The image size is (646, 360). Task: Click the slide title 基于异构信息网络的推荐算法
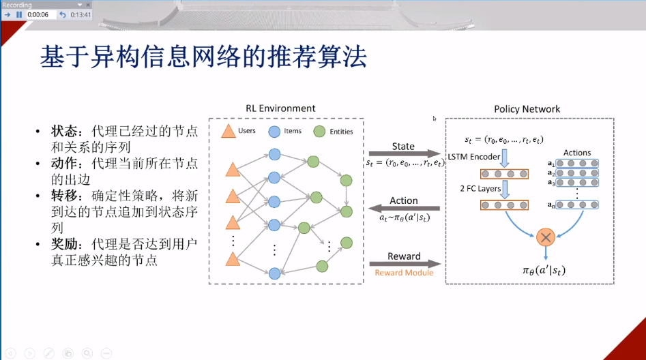203,58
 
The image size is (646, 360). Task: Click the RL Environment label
280,108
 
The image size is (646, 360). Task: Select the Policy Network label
527,108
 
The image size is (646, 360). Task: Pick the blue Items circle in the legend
274,132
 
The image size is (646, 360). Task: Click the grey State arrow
404,154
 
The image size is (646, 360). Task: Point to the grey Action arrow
404,209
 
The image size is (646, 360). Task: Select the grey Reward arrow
404,264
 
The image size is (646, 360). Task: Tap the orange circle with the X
545,237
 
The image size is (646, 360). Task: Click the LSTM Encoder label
474,157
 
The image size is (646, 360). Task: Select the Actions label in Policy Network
577,153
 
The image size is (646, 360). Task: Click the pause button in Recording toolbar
19,14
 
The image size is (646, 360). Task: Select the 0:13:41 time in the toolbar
80,14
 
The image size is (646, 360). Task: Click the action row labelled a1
577,164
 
